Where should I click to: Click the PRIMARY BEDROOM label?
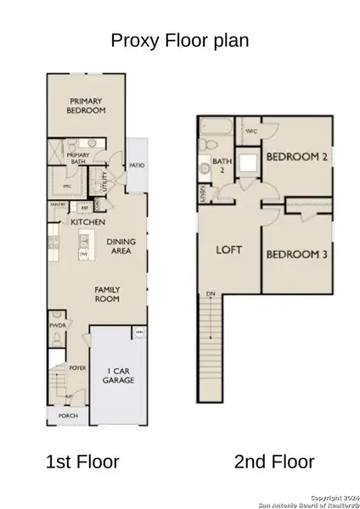(x=87, y=105)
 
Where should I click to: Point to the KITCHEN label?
(x=87, y=222)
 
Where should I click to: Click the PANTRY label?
(x=59, y=205)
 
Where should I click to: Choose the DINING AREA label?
(x=121, y=247)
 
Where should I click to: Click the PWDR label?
(x=58, y=324)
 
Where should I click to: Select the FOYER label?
(x=79, y=368)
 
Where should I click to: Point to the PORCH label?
(x=68, y=417)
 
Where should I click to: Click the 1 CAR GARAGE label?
(x=118, y=376)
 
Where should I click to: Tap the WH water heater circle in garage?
(x=138, y=331)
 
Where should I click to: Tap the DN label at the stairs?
(x=209, y=294)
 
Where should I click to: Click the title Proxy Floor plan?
(x=180, y=40)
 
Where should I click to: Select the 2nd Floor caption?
(x=273, y=462)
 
